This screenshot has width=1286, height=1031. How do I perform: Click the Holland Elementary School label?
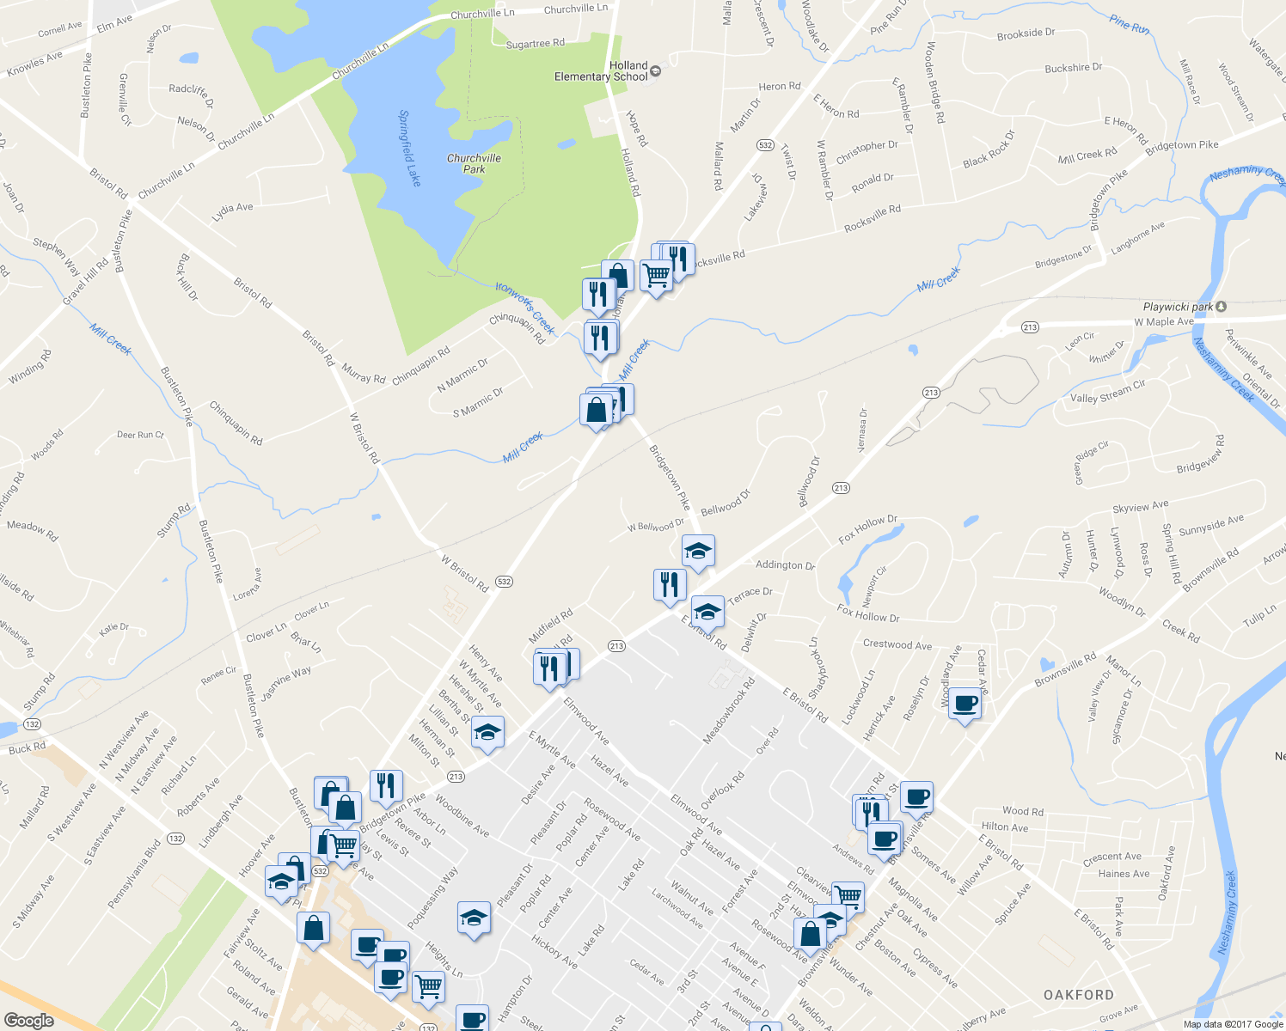pyautogui.click(x=602, y=71)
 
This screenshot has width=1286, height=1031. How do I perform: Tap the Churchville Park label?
pyautogui.click(x=474, y=163)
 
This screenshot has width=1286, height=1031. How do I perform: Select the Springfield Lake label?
pyautogui.click(x=410, y=148)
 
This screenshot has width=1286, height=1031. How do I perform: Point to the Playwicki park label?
pyautogui.click(x=1179, y=307)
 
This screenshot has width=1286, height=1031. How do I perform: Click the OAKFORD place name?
pyautogui.click(x=1078, y=995)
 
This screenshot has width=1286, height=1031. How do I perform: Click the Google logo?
pyautogui.click(x=29, y=1021)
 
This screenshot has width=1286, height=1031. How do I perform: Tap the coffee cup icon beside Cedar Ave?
pyautogui.click(x=964, y=705)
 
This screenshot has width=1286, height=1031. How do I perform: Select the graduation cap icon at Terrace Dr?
pyautogui.click(x=707, y=612)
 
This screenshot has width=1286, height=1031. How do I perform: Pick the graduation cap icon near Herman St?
pyautogui.click(x=487, y=733)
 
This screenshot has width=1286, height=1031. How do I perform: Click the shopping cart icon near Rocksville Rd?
pyautogui.click(x=656, y=275)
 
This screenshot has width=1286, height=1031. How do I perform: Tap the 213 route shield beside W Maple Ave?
pyautogui.click(x=1030, y=327)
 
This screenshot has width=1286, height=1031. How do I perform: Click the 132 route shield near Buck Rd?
pyautogui.click(x=33, y=724)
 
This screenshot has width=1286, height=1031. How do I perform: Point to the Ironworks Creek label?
pyautogui.click(x=525, y=306)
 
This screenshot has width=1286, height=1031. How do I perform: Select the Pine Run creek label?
pyautogui.click(x=1129, y=24)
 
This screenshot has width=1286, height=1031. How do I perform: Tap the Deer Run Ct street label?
pyautogui.click(x=140, y=435)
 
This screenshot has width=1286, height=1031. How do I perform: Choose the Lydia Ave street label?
pyautogui.click(x=232, y=208)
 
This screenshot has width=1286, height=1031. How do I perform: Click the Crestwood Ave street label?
pyautogui.click(x=897, y=644)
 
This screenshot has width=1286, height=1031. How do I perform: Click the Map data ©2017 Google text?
pyautogui.click(x=1232, y=1023)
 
